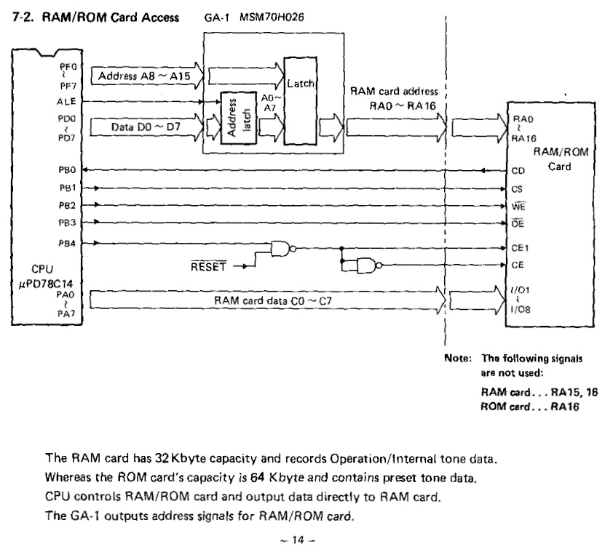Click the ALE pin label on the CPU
click(66, 102)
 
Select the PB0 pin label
click(67, 170)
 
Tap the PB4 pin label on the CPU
click(67, 243)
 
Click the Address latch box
click(239, 118)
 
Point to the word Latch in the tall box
click(301, 83)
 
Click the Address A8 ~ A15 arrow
click(147, 76)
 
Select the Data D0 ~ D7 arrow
click(147, 127)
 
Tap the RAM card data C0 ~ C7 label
click(273, 300)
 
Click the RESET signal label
click(208, 266)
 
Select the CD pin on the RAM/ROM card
click(518, 171)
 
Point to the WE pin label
click(518, 207)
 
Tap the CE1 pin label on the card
click(520, 248)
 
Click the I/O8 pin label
click(521, 309)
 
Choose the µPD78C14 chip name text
click(46, 284)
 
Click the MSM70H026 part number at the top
click(272, 17)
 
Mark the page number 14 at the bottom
click(298, 540)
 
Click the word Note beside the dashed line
click(458, 358)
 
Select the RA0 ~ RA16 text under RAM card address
click(403, 105)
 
